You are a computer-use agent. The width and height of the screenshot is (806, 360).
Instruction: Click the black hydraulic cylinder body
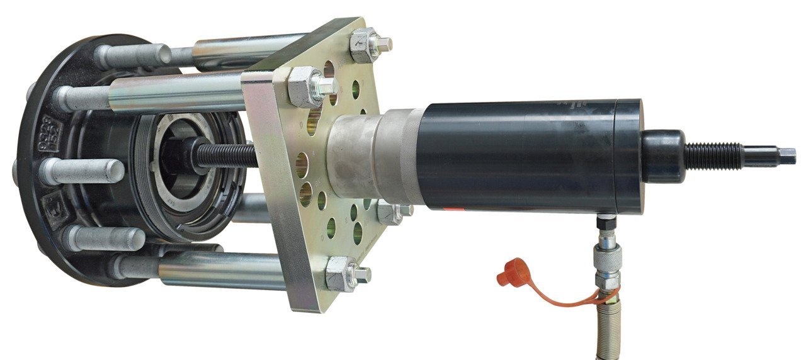[x=523, y=157]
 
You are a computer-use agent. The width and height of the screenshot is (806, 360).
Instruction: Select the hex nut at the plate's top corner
[x=367, y=45]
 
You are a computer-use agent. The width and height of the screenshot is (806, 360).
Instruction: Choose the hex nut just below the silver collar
[x=391, y=213]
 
